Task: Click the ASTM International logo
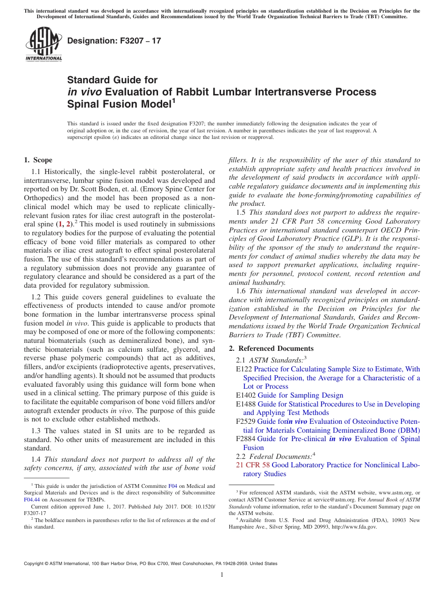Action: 43,45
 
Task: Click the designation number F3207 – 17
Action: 114,41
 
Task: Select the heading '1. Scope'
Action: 38,160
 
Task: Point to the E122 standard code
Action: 244,369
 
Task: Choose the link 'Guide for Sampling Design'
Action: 300,395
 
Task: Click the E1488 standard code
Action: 246,404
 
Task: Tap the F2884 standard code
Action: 246,439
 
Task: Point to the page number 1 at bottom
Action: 222,574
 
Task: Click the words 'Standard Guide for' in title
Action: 113,80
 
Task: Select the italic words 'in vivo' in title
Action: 85,92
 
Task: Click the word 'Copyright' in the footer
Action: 35,564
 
